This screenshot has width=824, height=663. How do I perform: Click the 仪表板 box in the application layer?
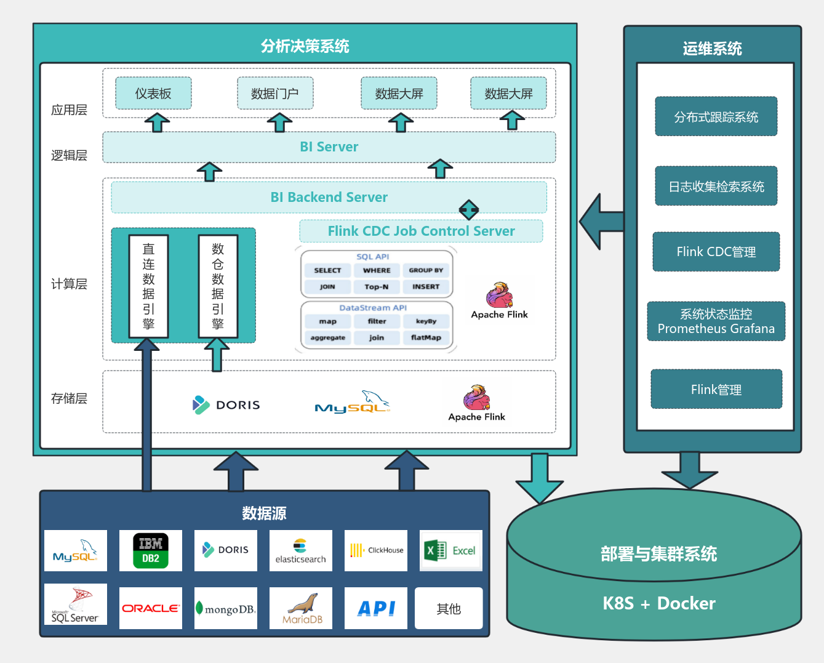click(x=153, y=94)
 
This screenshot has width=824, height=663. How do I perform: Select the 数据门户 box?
click(x=275, y=94)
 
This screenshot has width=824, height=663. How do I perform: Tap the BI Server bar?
click(x=329, y=147)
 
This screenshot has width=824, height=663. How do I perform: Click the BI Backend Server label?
click(x=329, y=198)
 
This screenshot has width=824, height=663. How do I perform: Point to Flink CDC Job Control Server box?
click(x=421, y=231)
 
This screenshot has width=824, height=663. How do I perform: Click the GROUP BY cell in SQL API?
click(x=426, y=270)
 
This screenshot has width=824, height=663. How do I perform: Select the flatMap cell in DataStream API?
click(x=426, y=338)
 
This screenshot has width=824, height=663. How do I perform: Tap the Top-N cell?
click(x=377, y=287)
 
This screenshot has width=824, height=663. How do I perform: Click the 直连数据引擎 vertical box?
click(x=148, y=286)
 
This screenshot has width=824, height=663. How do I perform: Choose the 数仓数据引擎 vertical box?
click(x=218, y=286)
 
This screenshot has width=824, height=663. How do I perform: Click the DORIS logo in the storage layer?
click(x=226, y=404)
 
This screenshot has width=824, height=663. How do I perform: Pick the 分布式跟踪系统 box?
click(x=716, y=117)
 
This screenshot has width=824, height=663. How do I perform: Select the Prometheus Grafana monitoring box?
click(x=716, y=321)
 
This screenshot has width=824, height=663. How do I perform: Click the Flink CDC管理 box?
click(x=716, y=252)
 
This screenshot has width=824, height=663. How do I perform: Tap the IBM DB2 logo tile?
click(x=151, y=550)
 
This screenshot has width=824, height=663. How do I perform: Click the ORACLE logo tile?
click(x=151, y=608)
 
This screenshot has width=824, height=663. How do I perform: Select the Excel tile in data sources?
click(x=450, y=550)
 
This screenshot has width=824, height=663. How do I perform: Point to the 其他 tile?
click(x=449, y=608)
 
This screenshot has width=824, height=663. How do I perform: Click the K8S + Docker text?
click(x=658, y=603)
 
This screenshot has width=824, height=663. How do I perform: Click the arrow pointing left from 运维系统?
click(x=600, y=222)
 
